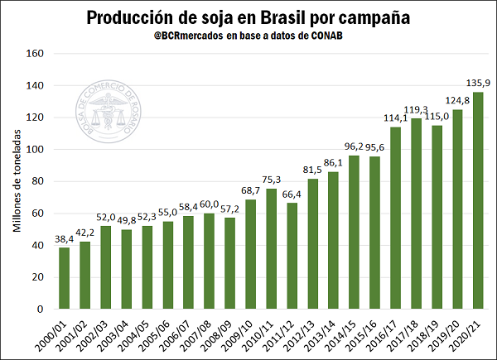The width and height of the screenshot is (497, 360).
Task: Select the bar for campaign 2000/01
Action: [64, 278]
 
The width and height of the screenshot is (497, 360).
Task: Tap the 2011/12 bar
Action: [292, 256]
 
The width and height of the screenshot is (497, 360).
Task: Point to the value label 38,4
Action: [64, 238]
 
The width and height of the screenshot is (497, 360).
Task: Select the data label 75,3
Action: [271, 180]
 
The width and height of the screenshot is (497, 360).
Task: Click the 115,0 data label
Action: [437, 117]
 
